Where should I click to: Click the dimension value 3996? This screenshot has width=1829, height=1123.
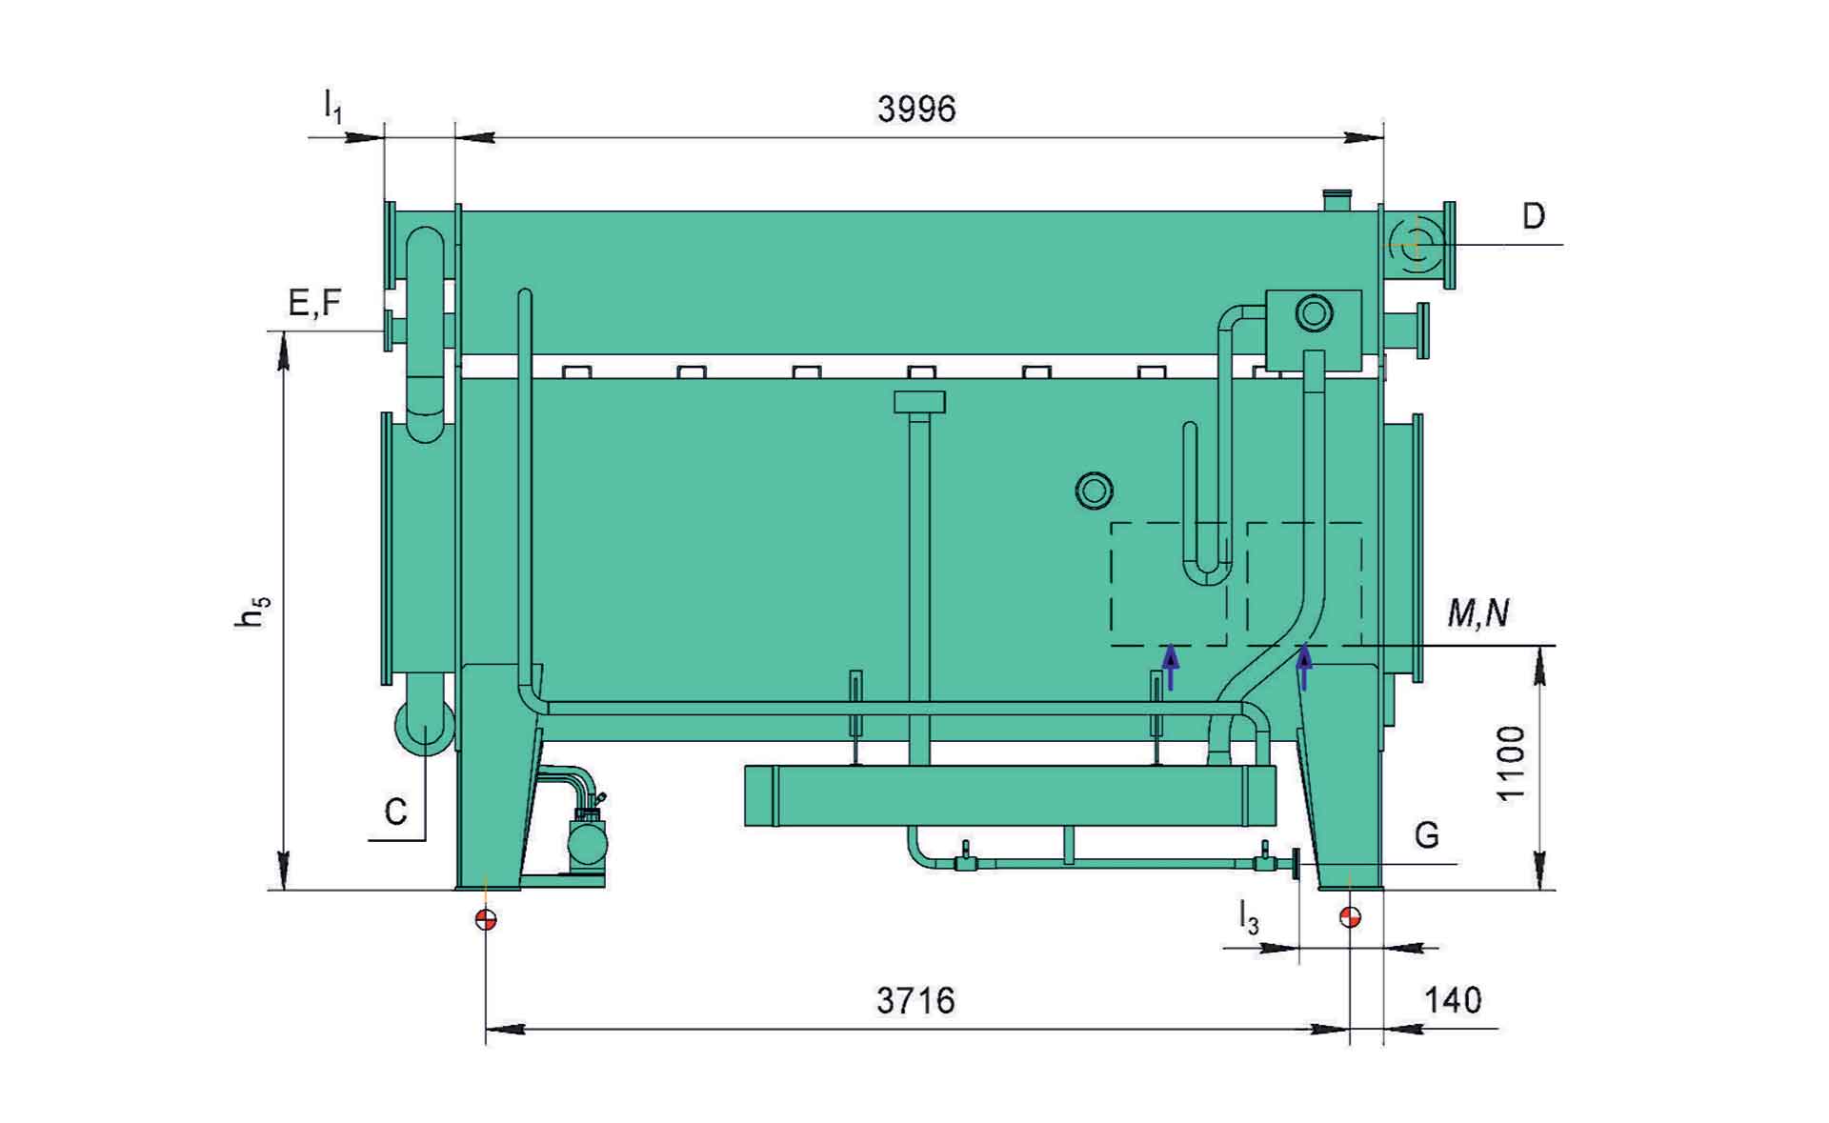pos(916,110)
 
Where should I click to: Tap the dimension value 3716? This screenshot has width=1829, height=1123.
pos(915,1001)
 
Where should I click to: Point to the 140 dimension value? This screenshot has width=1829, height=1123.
pos(1454,1001)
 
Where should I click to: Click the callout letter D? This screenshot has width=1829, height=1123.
pos(1533,217)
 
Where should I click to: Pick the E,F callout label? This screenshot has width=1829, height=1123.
pos(314,303)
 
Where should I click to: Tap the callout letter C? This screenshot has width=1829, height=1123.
pos(395,812)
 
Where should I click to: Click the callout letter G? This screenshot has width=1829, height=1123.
pos(1426,835)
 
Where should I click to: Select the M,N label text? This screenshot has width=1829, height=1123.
pos(1478,613)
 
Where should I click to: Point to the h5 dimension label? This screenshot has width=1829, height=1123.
pos(251,612)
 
